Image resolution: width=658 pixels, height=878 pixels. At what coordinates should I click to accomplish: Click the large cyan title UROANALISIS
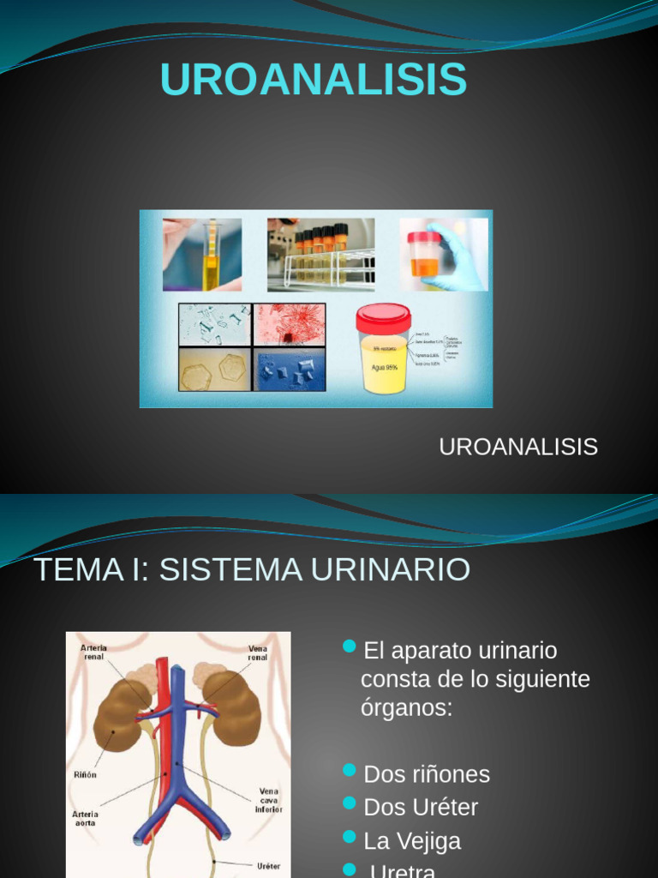(313, 80)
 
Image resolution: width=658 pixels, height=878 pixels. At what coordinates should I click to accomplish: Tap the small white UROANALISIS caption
(517, 447)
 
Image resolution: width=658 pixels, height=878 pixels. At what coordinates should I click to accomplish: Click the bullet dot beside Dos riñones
(349, 771)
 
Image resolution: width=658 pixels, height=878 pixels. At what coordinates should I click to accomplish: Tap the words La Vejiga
(412, 840)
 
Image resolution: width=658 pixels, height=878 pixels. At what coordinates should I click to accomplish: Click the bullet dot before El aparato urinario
(349, 646)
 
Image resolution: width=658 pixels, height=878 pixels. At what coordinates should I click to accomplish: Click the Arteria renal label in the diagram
(94, 652)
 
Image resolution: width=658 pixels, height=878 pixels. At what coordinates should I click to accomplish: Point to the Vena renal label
(258, 653)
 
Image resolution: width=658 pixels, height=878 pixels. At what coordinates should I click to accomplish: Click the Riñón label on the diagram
(86, 774)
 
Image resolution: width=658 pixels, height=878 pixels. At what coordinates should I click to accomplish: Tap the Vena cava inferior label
(267, 800)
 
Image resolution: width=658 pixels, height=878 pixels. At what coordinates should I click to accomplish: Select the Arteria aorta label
(86, 818)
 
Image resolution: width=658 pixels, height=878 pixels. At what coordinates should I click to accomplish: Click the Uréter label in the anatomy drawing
(268, 866)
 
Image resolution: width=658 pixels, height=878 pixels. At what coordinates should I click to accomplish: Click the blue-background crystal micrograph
(290, 370)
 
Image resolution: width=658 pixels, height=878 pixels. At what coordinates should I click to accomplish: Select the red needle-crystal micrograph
(290, 324)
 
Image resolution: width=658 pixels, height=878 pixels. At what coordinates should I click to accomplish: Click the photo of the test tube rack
(320, 252)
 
